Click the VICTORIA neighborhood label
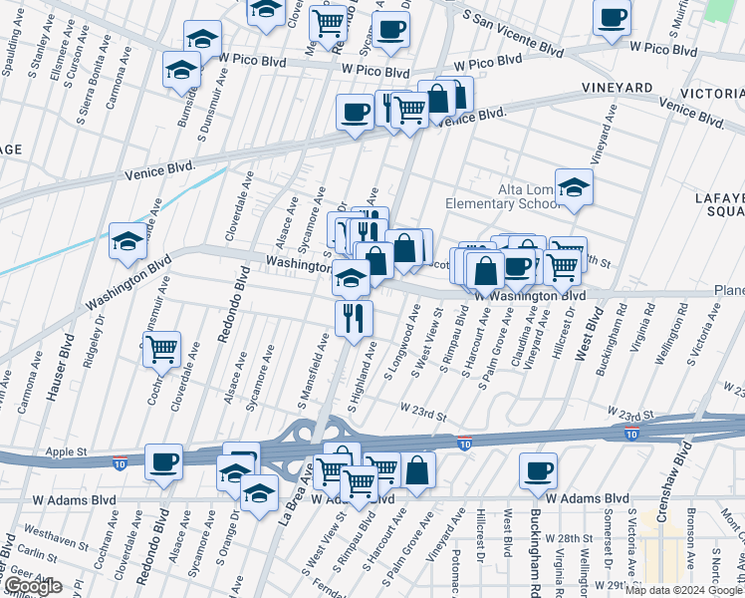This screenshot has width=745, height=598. point(718,92)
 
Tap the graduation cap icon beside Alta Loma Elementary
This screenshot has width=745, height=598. point(573,187)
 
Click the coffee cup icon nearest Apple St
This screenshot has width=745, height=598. point(163,461)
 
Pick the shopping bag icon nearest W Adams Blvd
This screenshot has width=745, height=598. point(419,468)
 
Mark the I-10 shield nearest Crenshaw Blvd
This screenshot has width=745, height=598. point(631,435)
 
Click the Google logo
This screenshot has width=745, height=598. point(32,586)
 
